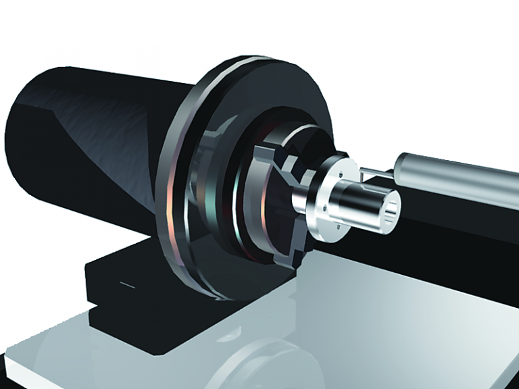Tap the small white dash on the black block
click(x=126, y=284)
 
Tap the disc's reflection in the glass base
click(x=257, y=358)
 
